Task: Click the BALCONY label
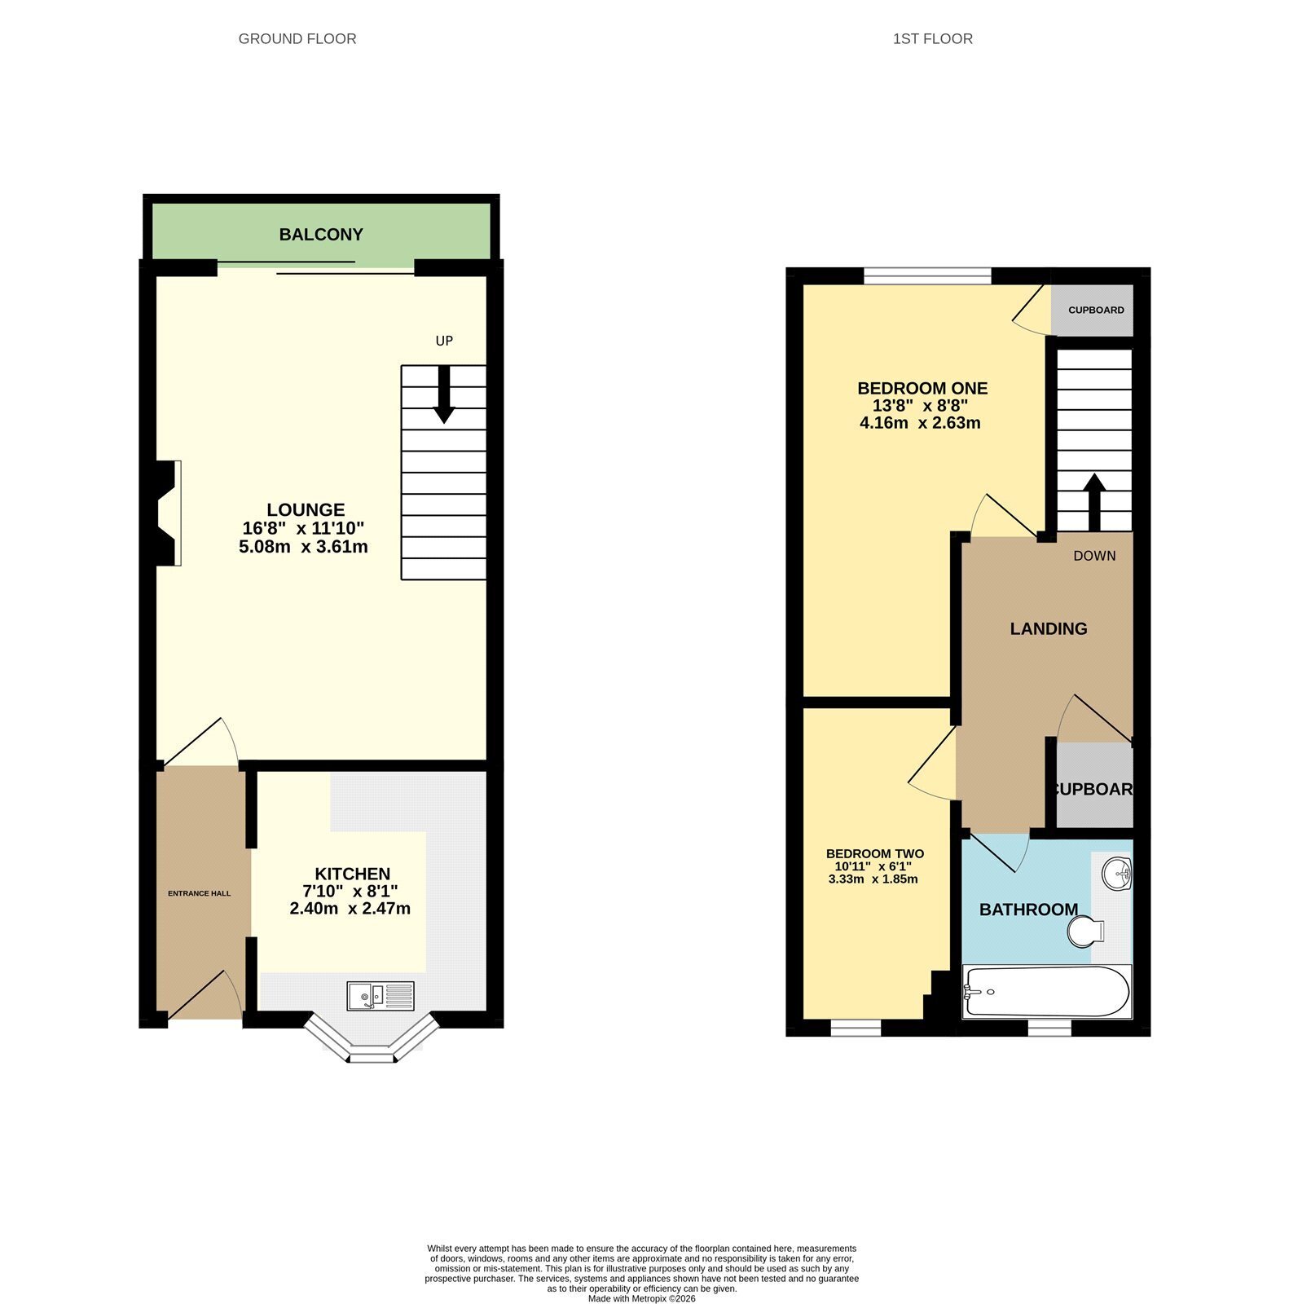click(321, 235)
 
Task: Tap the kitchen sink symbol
click(381, 996)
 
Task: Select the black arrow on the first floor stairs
click(1094, 503)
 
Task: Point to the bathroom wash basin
click(1117, 874)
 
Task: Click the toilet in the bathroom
click(1086, 931)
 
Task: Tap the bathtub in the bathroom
click(1047, 991)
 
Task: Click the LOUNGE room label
click(306, 510)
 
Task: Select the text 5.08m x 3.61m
click(303, 547)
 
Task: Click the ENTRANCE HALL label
click(200, 893)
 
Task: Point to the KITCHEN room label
click(353, 874)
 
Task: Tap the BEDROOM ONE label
click(922, 388)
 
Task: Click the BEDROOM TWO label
click(875, 853)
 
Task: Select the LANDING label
click(1049, 628)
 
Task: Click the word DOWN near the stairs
click(1094, 556)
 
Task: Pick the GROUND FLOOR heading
click(297, 38)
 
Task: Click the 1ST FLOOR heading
click(933, 38)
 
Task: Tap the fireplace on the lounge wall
click(166, 513)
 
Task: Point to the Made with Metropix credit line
click(642, 1298)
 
